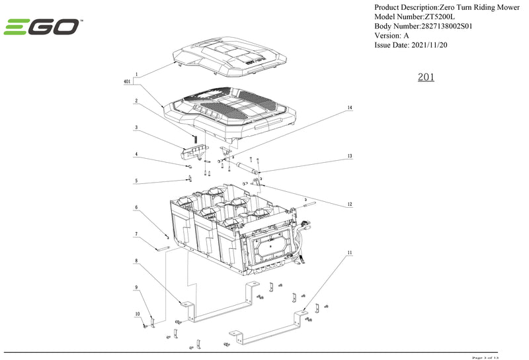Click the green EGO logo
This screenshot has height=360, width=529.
pyautogui.click(x=42, y=27)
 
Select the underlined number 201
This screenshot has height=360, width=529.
pyautogui.click(x=426, y=77)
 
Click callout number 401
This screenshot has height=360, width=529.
pyautogui.click(x=126, y=81)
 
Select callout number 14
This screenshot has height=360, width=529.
pyautogui.click(x=350, y=107)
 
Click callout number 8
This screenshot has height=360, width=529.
pyautogui.click(x=137, y=261)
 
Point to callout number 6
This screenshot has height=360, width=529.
pyautogui.click(x=137, y=207)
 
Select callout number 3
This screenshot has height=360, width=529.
pyautogui.click(x=137, y=127)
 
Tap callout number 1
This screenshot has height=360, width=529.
pyautogui.click(x=137, y=74)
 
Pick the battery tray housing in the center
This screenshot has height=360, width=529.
pyautogui.click(x=231, y=225)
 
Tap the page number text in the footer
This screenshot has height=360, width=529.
pyautogui.click(x=488, y=357)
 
